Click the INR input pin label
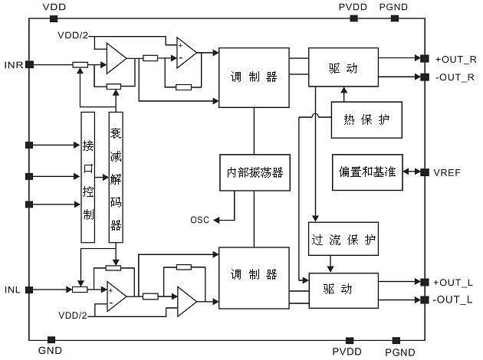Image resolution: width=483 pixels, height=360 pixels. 13,64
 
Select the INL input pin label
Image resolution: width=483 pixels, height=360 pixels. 12,290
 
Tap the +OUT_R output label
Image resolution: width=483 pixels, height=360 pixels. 455,59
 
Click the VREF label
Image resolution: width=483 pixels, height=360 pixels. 448,172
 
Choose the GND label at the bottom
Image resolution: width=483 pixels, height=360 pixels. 50,351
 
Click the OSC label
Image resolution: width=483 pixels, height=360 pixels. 200,221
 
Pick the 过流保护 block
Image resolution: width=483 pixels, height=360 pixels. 343,239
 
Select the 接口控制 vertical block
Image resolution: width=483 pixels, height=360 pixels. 87,178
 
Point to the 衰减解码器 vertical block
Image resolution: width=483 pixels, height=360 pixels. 116,178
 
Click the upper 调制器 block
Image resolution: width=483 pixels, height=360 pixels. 254,77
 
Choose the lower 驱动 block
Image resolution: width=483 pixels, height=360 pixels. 343,291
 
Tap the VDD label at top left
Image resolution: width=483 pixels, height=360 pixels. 54,8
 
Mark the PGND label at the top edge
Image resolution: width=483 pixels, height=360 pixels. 394,8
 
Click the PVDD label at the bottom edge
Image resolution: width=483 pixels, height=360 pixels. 345,352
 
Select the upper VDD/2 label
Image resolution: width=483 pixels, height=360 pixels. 72,35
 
